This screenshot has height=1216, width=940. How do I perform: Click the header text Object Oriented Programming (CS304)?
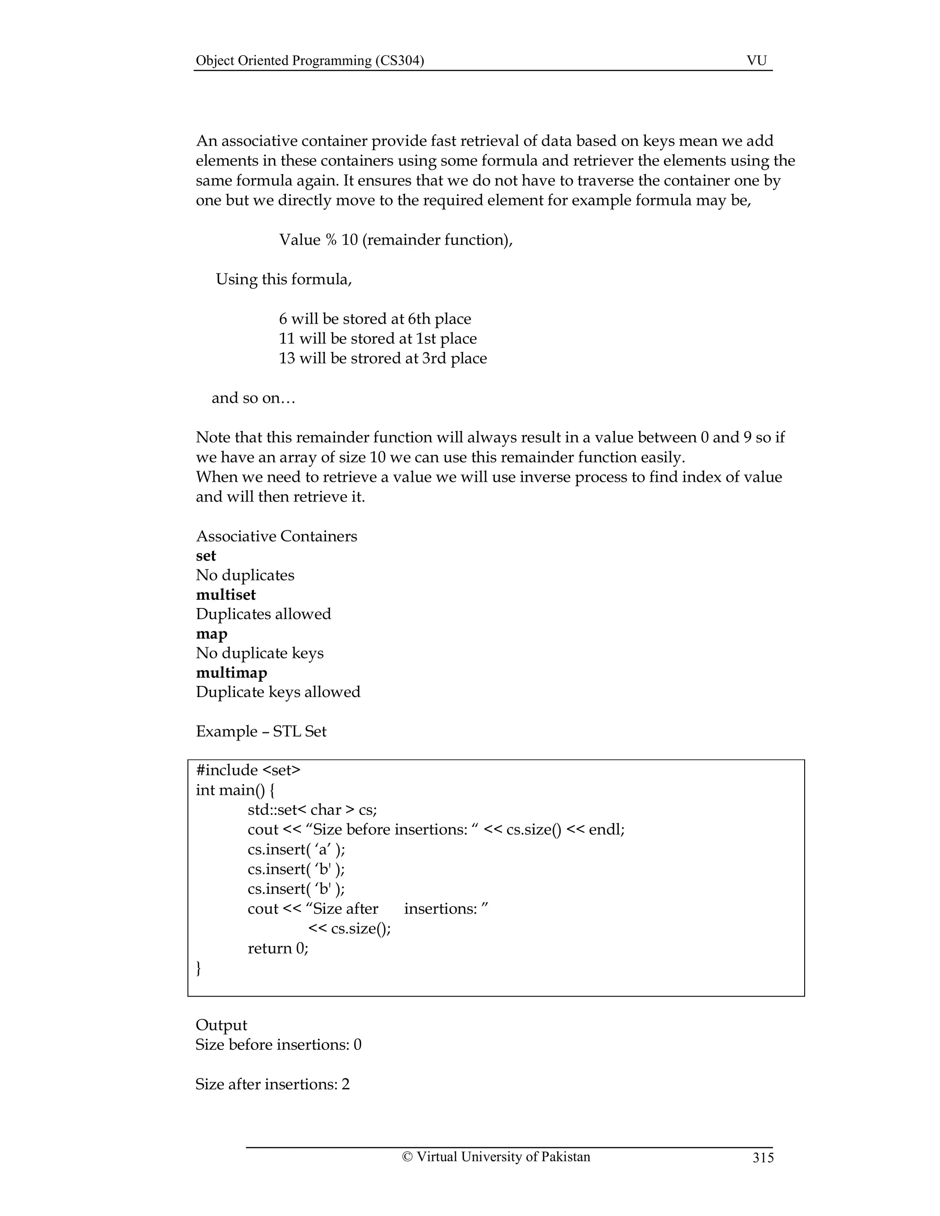310,61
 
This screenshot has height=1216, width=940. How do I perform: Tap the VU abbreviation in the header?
756,61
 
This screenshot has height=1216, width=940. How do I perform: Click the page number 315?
763,1158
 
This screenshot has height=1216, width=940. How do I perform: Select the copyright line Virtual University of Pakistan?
496,1156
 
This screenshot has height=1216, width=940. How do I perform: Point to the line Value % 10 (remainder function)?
395,240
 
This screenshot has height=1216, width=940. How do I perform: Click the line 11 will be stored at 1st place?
378,339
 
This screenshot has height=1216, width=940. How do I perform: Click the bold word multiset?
225,595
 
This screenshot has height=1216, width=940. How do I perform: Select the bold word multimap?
231,673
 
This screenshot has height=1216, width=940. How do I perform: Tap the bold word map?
212,634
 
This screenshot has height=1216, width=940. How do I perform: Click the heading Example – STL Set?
261,731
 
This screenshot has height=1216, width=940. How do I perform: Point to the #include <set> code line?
248,770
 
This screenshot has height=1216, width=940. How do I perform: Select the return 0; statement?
278,948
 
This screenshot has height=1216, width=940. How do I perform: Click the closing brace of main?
199,968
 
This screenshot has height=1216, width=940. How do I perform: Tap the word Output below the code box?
221,1025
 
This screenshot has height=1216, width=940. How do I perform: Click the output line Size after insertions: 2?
272,1084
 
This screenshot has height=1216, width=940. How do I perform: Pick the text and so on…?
253,398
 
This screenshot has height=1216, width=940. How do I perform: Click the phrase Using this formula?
284,279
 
